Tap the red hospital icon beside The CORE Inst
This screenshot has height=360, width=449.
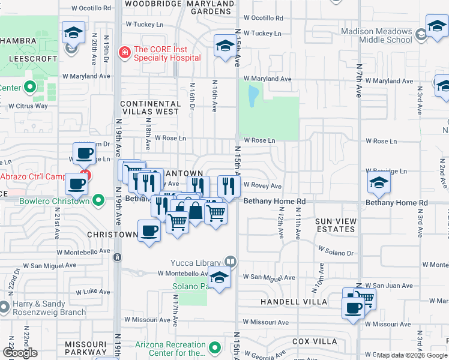click(x=125, y=53)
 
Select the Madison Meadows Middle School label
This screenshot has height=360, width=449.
click(x=376, y=35)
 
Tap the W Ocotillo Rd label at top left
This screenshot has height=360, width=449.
click(x=91, y=9)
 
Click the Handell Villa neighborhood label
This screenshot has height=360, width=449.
click(x=294, y=301)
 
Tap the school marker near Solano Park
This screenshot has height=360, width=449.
click(x=220, y=278)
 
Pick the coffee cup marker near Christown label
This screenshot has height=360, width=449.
click(x=149, y=230)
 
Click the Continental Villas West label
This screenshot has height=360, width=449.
click(x=149, y=107)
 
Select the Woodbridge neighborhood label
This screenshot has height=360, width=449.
click(x=152, y=4)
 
